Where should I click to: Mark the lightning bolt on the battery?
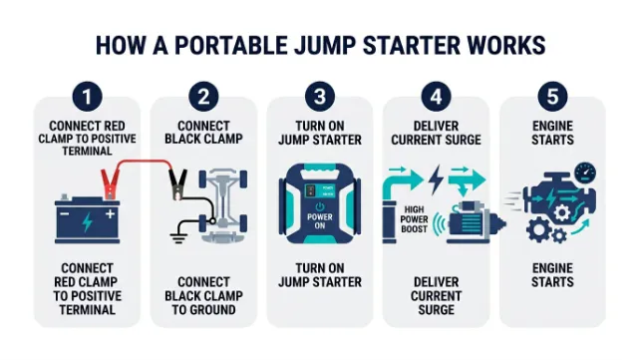tap(87, 222)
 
